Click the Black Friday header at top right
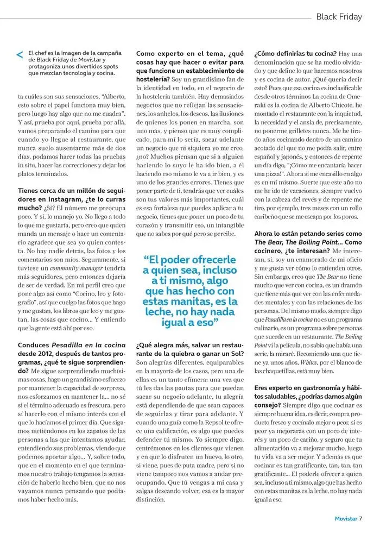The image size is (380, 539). tap(339, 17)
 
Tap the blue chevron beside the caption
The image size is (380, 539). tap(20, 55)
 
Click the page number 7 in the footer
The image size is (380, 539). tap(359, 518)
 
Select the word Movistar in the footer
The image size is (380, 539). tap(345, 518)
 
